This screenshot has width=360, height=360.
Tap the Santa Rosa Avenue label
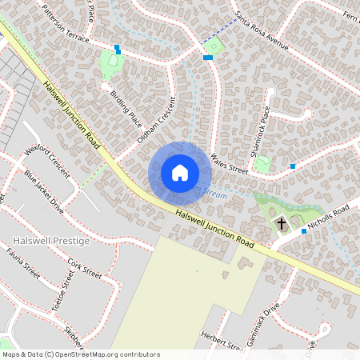point(262,31)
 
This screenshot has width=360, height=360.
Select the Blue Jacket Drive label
point(44,190)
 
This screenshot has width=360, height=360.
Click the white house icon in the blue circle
point(179,173)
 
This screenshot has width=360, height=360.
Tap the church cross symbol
point(281,223)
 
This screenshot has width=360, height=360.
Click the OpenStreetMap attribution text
point(80,354)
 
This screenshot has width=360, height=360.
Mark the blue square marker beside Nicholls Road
point(304,230)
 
